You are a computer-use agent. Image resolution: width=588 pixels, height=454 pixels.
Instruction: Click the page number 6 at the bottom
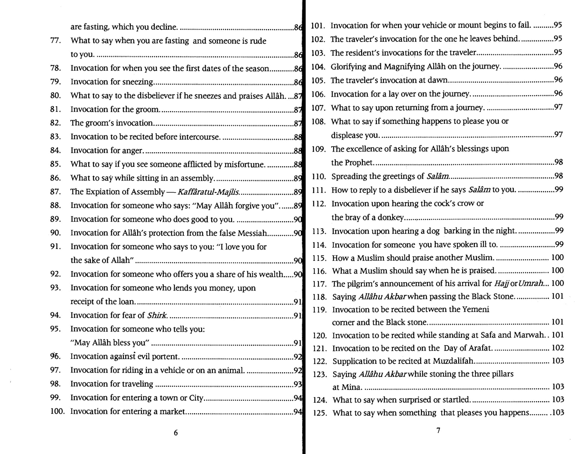[x=176, y=433]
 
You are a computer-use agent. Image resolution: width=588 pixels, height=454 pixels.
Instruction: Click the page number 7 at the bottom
[x=438, y=430]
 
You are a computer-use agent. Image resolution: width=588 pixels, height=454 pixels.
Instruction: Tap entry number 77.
[x=56, y=40]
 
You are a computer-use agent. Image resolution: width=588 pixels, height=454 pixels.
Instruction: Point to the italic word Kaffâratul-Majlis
[x=208, y=192]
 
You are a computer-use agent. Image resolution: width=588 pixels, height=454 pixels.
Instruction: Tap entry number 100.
[x=57, y=411]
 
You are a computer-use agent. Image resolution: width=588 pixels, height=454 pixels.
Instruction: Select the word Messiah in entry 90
[x=252, y=233]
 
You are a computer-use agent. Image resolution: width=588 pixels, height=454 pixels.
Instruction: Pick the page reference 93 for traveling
[x=298, y=384]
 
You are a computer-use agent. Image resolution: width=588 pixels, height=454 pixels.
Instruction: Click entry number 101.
[x=318, y=26]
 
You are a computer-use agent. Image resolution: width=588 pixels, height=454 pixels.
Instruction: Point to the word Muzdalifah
[x=453, y=361]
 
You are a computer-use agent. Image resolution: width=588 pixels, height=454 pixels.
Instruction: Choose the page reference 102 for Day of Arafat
[x=558, y=348]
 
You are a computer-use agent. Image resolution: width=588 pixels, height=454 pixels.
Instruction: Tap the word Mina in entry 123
[x=351, y=387]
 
